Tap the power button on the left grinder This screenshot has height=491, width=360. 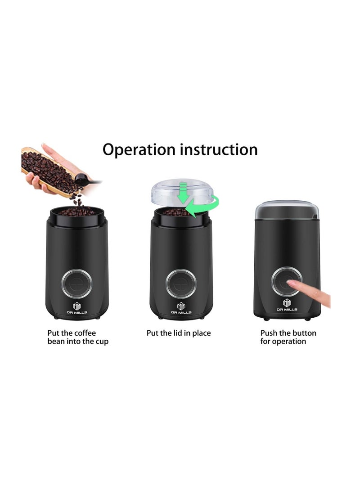(x=76, y=284)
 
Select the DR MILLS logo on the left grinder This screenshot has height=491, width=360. (x=76, y=308)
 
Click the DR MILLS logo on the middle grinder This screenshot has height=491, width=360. (x=181, y=308)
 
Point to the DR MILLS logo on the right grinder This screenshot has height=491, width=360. (x=287, y=305)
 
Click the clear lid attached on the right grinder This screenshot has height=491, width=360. (x=287, y=210)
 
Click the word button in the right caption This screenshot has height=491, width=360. (x=304, y=333)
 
